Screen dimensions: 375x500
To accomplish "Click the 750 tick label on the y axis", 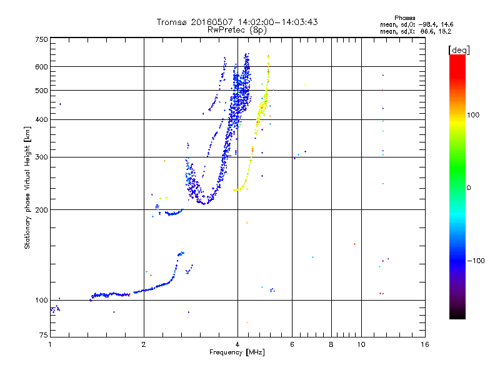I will [41, 39].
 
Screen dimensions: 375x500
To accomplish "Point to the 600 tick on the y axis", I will [41, 66].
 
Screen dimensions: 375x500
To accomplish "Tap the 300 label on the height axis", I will [41, 157].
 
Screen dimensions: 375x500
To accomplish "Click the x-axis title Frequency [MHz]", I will [237, 353].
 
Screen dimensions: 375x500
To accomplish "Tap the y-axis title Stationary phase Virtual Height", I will [27, 187].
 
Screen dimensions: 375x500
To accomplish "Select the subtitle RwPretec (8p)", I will [237, 29].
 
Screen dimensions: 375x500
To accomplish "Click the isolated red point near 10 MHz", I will [354, 244].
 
